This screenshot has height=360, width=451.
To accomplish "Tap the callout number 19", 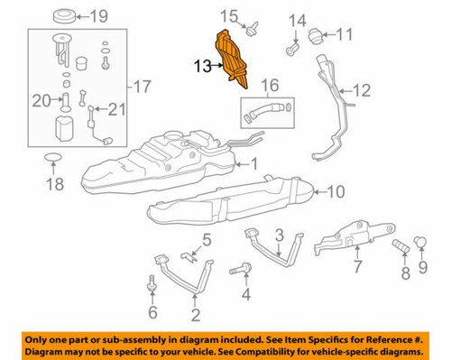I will tap(97, 15).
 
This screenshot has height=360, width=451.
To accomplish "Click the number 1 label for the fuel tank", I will tap(253, 164).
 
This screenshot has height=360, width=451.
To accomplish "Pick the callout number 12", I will tap(361, 89).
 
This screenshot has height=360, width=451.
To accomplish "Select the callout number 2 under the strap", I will tap(195, 315).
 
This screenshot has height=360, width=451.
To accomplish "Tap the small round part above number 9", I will tap(420, 240).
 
